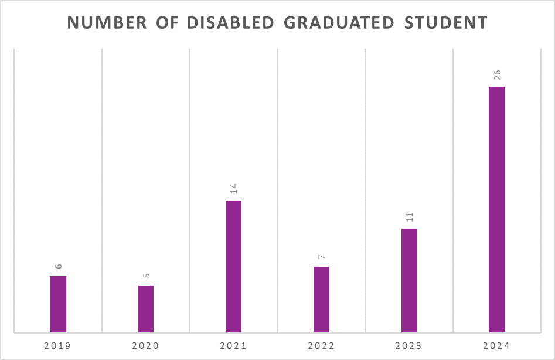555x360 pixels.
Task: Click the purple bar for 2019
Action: [57, 304]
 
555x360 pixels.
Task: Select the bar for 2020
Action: [145, 309]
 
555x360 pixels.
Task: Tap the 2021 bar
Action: [233, 266]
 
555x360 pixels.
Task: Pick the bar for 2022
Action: [321, 300]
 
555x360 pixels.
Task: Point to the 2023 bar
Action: [409, 280]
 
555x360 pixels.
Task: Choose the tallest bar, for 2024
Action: [497, 209]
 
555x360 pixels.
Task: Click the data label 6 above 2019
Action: [58, 266]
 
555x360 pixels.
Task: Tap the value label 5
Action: [146, 276]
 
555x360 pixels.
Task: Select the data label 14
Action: [234, 189]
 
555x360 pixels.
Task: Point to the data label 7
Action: [322, 257]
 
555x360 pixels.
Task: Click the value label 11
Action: [410, 217]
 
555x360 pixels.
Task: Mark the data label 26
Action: [498, 75]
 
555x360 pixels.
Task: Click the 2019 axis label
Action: [57, 346]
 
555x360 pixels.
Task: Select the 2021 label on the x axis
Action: [233, 346]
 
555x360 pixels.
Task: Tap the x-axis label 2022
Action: [321, 346]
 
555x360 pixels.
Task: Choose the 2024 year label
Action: [497, 346]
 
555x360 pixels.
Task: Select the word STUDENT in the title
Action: [446, 22]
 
